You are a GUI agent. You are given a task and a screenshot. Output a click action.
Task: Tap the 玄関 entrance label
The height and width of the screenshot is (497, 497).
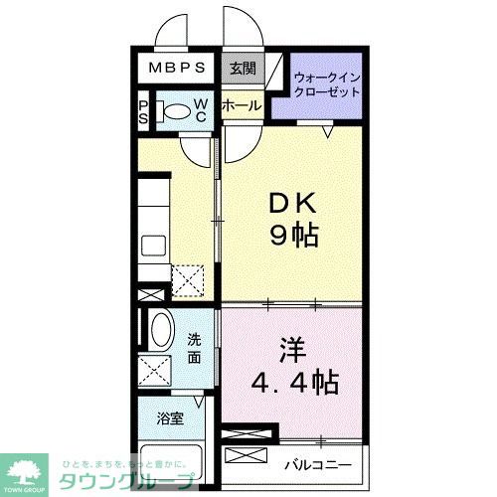coord(241,69)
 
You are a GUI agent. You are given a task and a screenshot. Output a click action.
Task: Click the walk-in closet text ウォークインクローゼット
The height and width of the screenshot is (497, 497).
coord(326,84)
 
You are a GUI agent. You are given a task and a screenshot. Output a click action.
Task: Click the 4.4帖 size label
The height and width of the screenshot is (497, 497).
coord(295,380)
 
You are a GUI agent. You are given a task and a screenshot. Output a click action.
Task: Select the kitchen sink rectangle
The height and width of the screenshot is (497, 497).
coord(154,245)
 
